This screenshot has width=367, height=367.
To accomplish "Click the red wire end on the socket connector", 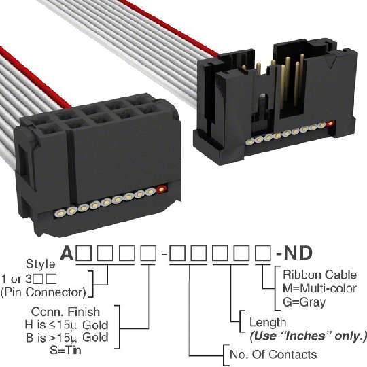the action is pos(162,189).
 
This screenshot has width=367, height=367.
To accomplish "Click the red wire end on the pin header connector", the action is pos(331,123).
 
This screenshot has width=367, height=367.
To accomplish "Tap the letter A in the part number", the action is pos(67,254).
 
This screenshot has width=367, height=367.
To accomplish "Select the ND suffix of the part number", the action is pos(298,253).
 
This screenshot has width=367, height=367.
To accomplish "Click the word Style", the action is pos(41,264).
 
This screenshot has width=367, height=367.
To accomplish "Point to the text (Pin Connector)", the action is pos(43,292).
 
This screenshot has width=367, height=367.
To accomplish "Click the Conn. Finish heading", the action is pos(65,312).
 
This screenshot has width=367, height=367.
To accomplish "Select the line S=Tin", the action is pos(65,350).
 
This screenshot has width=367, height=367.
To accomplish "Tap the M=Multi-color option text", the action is pos(319,289).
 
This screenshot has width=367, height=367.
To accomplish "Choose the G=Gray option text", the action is pos(304,302).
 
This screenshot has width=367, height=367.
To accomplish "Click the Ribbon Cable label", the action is pos(319,275).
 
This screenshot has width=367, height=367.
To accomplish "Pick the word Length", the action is pos(268,323).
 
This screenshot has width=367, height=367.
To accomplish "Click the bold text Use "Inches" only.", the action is pos(308,336).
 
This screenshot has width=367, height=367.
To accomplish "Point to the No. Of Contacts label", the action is pos(273,355).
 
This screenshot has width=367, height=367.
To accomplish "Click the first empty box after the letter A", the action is pos(84,254).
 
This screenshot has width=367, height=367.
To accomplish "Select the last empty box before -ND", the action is pos(263,254).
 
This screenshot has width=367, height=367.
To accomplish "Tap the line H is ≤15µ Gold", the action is pos(67,325).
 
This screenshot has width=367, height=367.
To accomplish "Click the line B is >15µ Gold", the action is pos(67,338).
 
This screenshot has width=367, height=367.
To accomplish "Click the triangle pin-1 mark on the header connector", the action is pos(333,64).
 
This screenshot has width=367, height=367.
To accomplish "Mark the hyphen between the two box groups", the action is pos(164,254).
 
